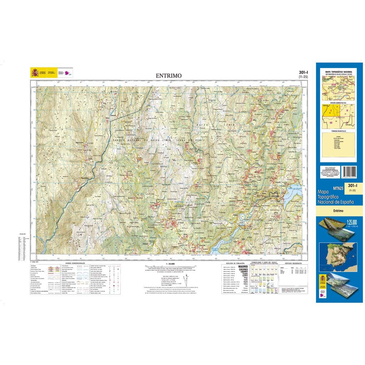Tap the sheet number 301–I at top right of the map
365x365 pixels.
(x=303, y=72)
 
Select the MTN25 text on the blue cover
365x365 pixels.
(x=338, y=189)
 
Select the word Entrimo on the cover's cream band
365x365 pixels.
(x=338, y=211)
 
